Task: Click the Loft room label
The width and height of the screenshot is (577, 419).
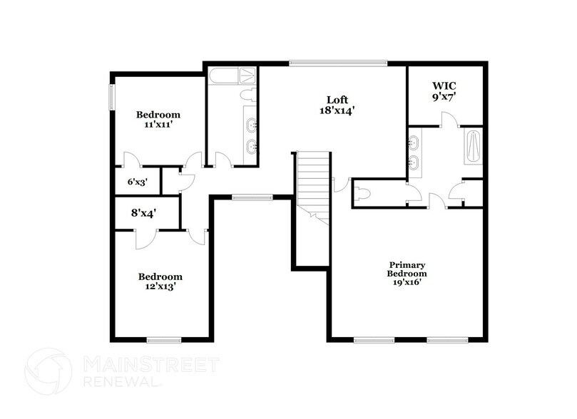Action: click(337, 99)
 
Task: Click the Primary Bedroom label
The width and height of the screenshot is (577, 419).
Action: click(407, 269)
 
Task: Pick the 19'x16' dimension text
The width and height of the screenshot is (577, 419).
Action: click(407, 282)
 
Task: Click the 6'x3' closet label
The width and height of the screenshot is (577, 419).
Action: click(136, 182)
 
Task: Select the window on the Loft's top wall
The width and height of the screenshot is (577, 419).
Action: click(338, 63)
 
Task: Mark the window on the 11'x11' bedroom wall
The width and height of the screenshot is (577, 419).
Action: click(111, 97)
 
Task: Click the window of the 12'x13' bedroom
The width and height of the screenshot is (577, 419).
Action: click(160, 338)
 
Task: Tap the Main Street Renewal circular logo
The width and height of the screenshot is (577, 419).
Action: click(48, 371)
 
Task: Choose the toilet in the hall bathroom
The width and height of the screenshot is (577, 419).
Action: click(247, 95)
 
